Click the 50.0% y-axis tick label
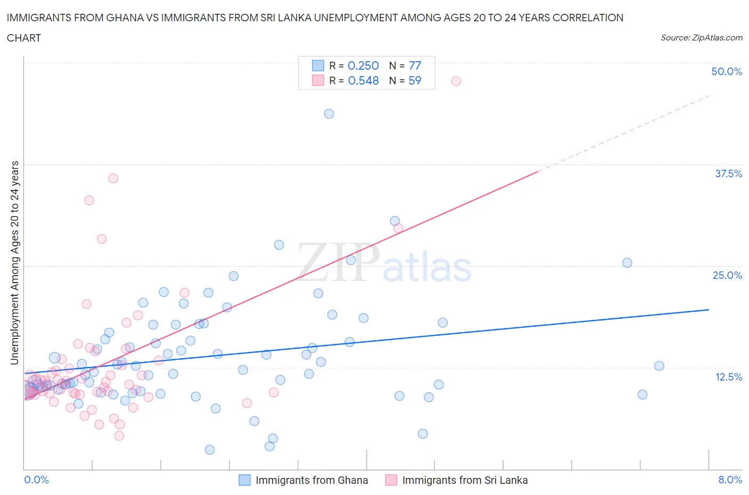click(x=727, y=71)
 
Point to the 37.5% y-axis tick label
click(x=728, y=174)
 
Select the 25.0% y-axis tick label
click(x=727, y=275)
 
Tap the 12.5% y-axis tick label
click(x=728, y=377)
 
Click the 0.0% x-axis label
click(x=36, y=480)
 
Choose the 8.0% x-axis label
click(x=730, y=480)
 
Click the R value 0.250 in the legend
click(x=363, y=65)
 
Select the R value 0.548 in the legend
click(x=363, y=80)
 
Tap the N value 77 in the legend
click(x=414, y=65)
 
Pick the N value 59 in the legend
click(x=414, y=80)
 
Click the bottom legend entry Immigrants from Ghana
click(x=311, y=480)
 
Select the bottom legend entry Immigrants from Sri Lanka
click(x=465, y=480)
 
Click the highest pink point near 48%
click(x=456, y=81)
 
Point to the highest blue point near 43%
click(x=329, y=113)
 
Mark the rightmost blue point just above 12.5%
click(x=659, y=366)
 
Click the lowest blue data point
click(x=210, y=450)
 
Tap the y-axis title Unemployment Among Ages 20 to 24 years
click(x=14, y=262)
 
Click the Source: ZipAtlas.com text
click(x=701, y=38)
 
